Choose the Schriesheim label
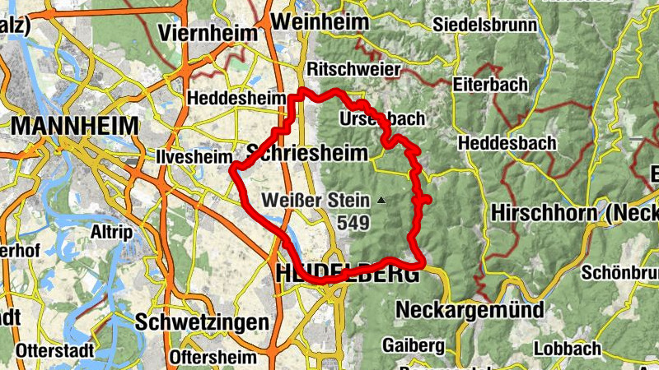(306, 152)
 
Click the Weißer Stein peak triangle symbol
(381, 200)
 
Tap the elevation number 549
(353, 223)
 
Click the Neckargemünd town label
(470, 310)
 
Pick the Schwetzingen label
(203, 321)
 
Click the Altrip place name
(112, 232)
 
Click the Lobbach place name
(567, 349)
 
